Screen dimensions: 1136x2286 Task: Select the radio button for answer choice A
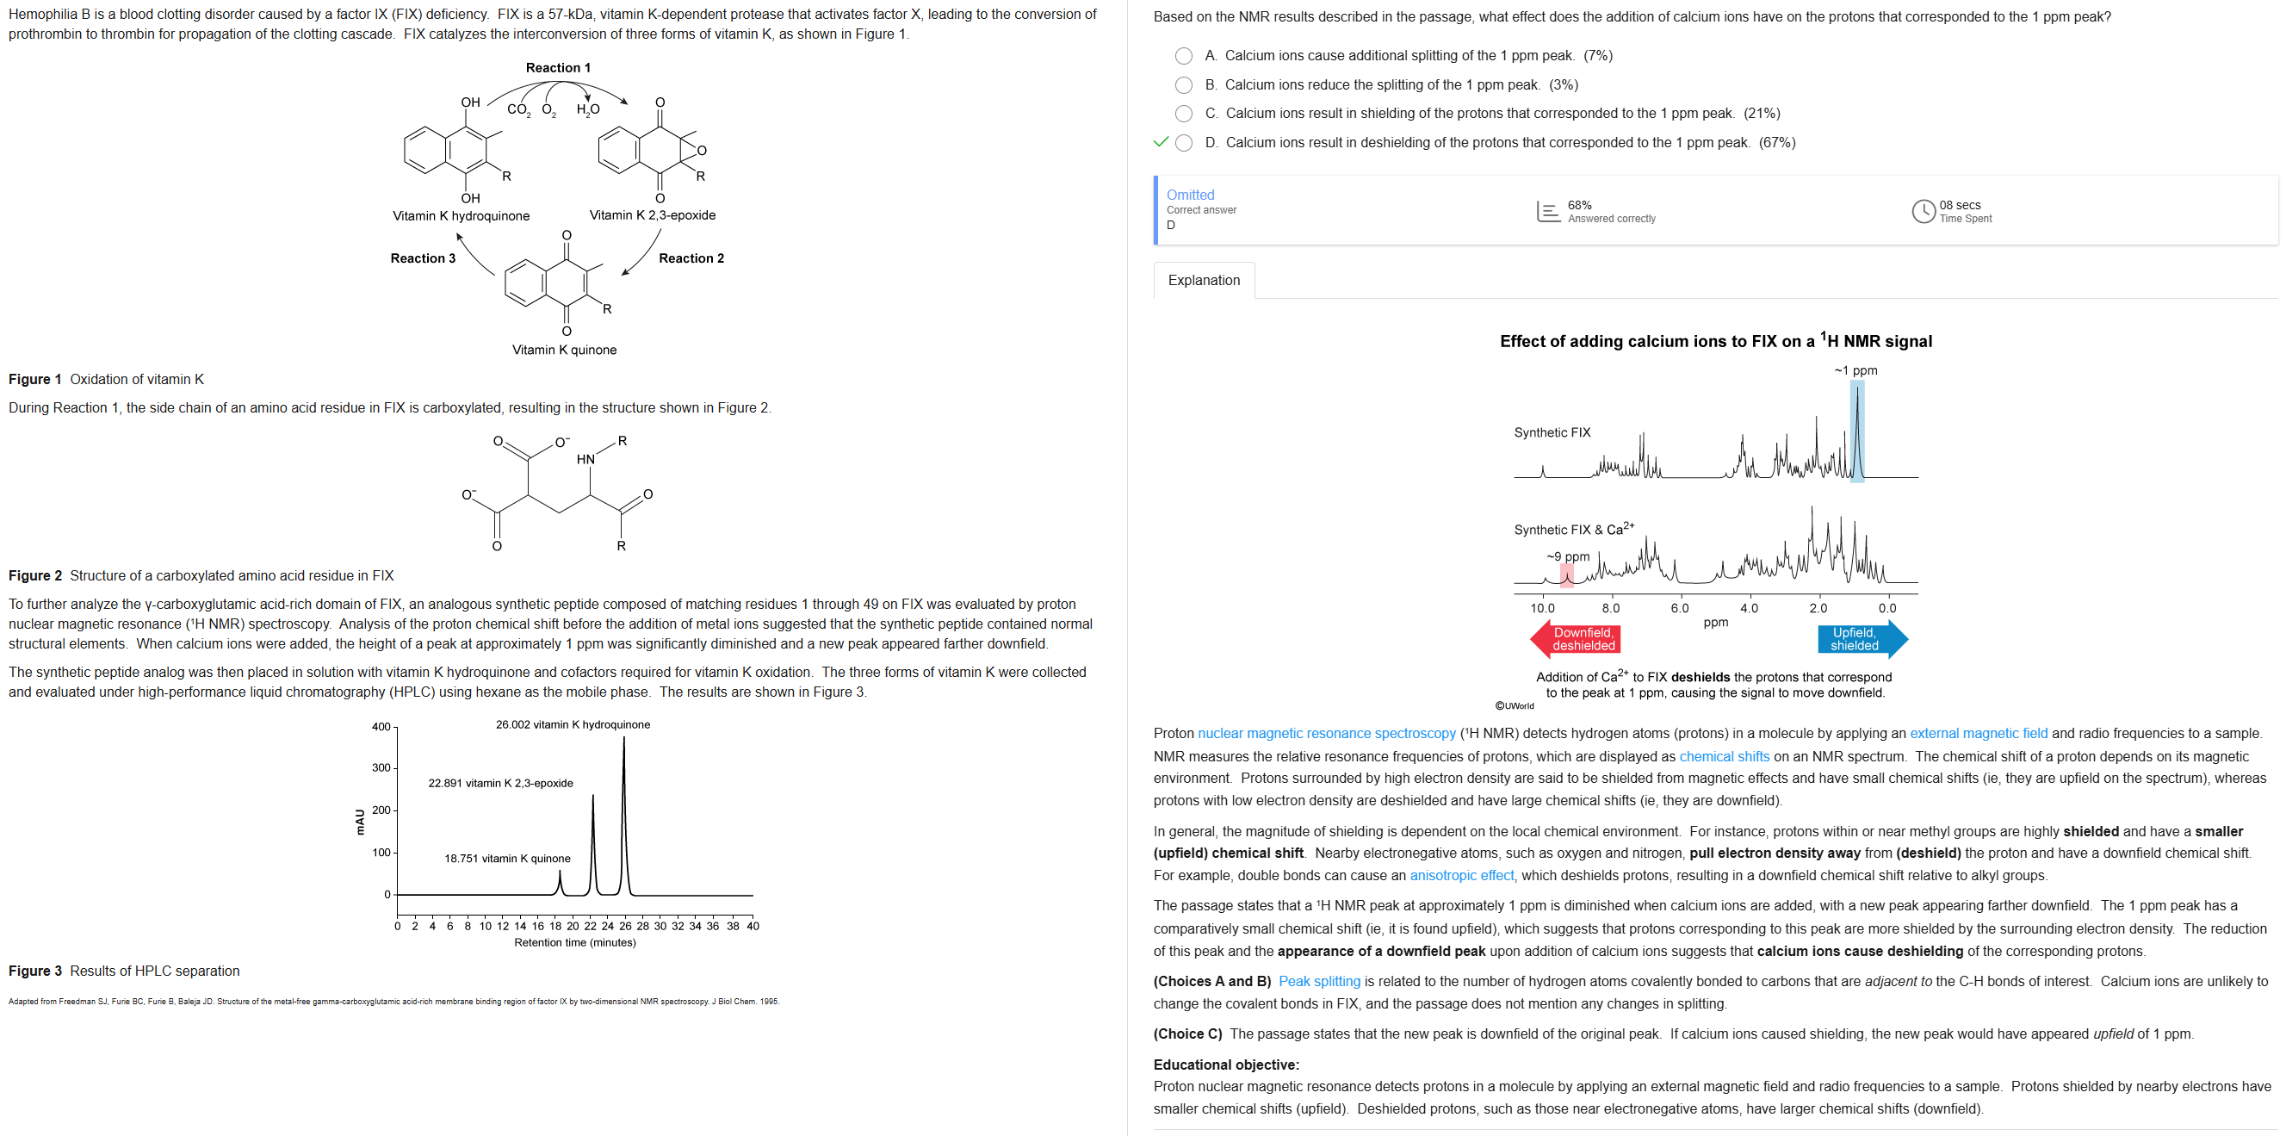click(x=1183, y=56)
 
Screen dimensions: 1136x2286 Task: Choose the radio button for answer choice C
click(x=1183, y=114)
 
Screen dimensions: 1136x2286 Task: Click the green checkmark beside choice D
click(x=1160, y=142)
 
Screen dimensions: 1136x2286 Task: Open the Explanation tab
click(x=1204, y=281)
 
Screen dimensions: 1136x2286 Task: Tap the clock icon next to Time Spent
click(x=1923, y=211)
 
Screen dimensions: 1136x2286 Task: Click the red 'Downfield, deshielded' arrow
click(x=1575, y=639)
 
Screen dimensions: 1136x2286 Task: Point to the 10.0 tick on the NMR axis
click(x=1542, y=608)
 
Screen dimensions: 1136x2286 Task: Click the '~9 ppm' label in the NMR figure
click(x=1568, y=556)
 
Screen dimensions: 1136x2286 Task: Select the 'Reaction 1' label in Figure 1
click(x=557, y=68)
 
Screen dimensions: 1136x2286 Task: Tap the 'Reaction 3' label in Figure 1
click(x=423, y=258)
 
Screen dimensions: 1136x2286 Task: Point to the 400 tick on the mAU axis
click(x=381, y=727)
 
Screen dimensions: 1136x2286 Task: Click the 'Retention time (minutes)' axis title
click(x=574, y=942)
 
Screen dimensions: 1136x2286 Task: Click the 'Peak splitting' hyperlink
click(x=1319, y=981)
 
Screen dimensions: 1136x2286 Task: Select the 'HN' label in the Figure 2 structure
click(x=585, y=459)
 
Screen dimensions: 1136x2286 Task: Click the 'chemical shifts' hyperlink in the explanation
click(x=1724, y=756)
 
